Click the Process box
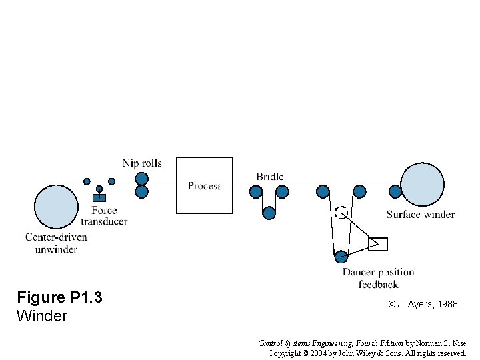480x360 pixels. pyautogui.click(x=205, y=185)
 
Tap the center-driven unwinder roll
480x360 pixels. pyautogui.click(x=56, y=207)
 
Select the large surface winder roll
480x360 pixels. pyautogui.click(x=422, y=183)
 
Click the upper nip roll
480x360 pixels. pyautogui.click(x=141, y=179)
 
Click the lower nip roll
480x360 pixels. pyautogui.click(x=141, y=192)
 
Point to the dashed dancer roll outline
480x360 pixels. pyautogui.click(x=341, y=213)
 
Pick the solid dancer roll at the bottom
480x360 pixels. pyautogui.click(x=341, y=256)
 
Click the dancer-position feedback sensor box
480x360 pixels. pyautogui.click(x=377, y=244)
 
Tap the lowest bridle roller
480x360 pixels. pyautogui.click(x=269, y=213)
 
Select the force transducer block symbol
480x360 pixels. pyautogui.click(x=99, y=197)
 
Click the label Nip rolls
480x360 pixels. pyautogui.click(x=142, y=163)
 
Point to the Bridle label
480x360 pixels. pyautogui.click(x=270, y=177)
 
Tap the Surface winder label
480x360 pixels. pyautogui.click(x=421, y=215)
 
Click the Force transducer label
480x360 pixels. pyautogui.click(x=104, y=216)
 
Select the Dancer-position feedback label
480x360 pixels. pyautogui.click(x=378, y=278)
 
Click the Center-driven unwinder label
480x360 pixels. pyautogui.click(x=56, y=243)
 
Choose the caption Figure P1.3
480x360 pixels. pyautogui.click(x=59, y=297)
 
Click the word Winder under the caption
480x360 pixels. pyautogui.click(x=41, y=315)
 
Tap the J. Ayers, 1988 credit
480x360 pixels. pyautogui.click(x=424, y=304)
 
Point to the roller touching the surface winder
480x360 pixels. pyautogui.click(x=395, y=192)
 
